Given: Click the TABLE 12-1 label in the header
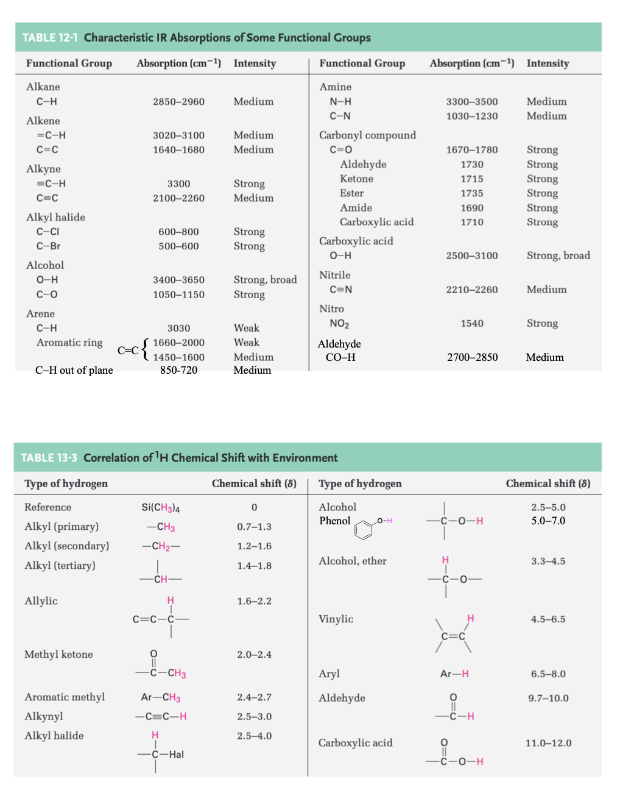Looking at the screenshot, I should [x=50, y=38].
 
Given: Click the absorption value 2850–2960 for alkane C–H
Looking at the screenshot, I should [x=178, y=102].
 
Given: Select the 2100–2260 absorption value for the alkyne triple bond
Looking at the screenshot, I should [x=178, y=198].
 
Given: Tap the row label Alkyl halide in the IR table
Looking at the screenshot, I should [x=55, y=217].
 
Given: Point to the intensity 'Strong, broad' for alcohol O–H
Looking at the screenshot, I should [x=265, y=280].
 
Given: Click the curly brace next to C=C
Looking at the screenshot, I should [x=145, y=350].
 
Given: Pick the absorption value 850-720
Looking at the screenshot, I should [x=178, y=370].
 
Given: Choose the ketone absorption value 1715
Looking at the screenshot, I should [x=472, y=179].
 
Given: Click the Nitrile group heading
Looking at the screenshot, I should [x=335, y=275].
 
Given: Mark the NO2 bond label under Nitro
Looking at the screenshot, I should [x=339, y=324].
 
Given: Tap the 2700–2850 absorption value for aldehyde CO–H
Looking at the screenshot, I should [x=472, y=357].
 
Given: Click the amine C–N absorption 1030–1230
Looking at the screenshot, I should [x=472, y=116].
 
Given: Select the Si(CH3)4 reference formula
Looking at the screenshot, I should [x=160, y=507].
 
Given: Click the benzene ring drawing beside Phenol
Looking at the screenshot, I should [x=364, y=529].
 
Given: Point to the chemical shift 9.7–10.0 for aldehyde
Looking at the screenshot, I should [x=548, y=698].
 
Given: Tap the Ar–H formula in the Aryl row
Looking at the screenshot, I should [x=454, y=674].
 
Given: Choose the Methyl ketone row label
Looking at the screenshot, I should [x=58, y=654].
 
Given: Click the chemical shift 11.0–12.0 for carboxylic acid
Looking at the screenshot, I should [x=548, y=743].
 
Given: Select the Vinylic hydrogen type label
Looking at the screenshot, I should [x=336, y=619].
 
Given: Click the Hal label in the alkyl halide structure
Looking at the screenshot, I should [x=176, y=755].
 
